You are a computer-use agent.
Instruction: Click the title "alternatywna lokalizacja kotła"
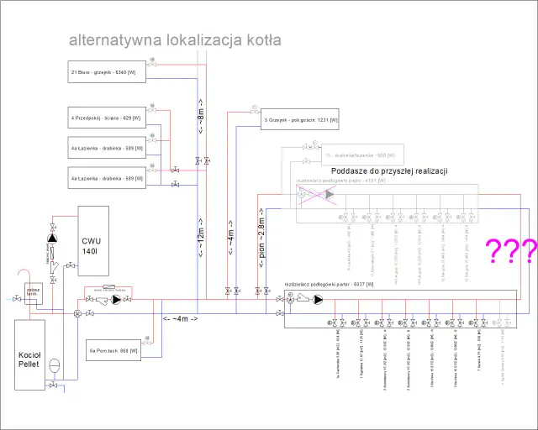[x=175, y=40]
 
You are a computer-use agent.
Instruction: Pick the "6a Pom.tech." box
[x=113, y=349]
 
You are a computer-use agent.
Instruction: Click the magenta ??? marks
[x=509, y=250]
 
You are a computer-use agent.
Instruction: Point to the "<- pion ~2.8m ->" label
[x=261, y=239]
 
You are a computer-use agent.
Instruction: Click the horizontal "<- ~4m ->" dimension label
[x=180, y=319]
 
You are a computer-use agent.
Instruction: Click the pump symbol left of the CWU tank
[x=54, y=238]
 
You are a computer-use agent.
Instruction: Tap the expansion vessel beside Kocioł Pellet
[x=53, y=365]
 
